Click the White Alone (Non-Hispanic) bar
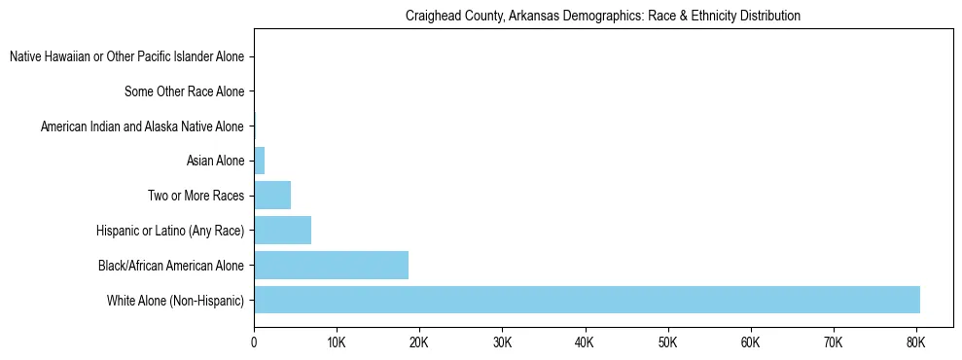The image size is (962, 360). point(587,300)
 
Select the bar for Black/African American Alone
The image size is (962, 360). point(331,265)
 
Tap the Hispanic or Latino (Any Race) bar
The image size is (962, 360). point(282,231)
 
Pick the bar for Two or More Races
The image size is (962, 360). point(272,196)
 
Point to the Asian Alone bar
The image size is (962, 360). point(259,161)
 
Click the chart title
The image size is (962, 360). point(603,16)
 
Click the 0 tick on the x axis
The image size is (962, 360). point(254,342)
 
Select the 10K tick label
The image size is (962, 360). point(337,342)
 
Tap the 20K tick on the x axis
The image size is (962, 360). point(419,342)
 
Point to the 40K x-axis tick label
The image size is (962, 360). point(585,342)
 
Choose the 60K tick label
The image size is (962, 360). point(750,342)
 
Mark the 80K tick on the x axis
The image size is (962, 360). point(915,342)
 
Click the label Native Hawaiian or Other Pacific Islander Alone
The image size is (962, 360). point(126,57)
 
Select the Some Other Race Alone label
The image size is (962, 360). point(184,92)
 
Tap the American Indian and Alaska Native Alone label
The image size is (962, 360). point(142,126)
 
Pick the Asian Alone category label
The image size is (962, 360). point(215,162)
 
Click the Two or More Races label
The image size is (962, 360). point(196,197)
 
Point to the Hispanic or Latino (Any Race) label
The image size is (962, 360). point(170,231)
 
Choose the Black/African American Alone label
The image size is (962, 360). point(171,266)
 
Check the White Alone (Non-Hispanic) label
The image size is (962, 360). point(176,301)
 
